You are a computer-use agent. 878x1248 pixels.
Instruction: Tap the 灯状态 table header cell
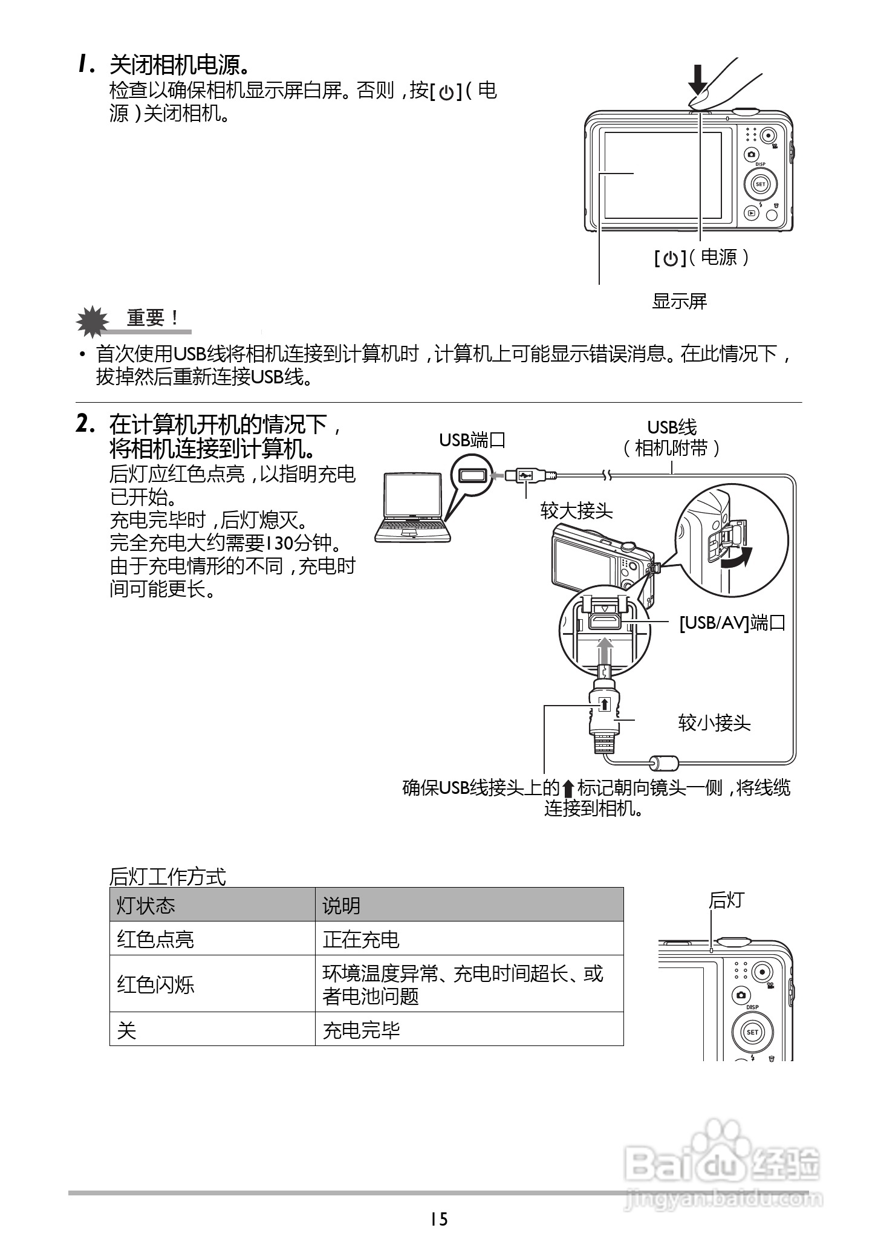(x=146, y=906)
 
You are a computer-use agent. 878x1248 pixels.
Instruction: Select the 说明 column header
(x=341, y=906)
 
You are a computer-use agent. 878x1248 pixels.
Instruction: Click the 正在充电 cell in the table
(x=361, y=939)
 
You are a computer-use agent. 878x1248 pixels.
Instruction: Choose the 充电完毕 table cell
(x=361, y=1030)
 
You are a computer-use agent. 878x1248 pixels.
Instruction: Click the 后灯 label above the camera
(x=726, y=900)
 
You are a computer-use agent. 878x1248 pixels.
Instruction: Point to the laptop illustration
(x=413, y=508)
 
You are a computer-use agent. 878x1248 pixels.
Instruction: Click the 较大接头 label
(x=576, y=512)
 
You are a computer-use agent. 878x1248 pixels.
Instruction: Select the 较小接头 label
(x=714, y=723)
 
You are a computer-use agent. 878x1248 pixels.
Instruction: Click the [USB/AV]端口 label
(x=732, y=623)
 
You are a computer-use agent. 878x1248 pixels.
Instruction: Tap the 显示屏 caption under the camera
(x=679, y=301)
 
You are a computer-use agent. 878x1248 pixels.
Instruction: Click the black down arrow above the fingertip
(x=699, y=79)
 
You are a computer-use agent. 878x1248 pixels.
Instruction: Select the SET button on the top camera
(x=760, y=184)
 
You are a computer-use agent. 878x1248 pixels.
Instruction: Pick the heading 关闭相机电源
(x=180, y=65)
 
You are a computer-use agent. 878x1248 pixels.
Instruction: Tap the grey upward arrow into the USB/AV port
(x=605, y=652)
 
